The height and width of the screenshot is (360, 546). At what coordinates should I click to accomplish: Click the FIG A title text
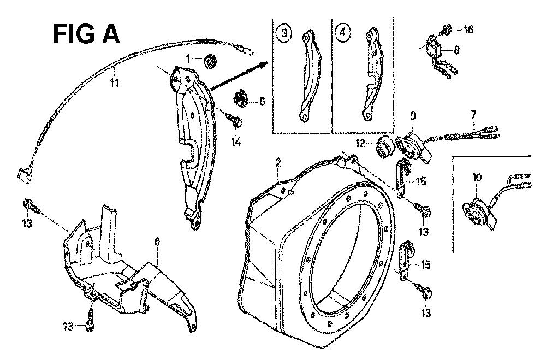(x=86, y=34)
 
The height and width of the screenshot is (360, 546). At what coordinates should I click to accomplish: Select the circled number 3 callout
(x=283, y=33)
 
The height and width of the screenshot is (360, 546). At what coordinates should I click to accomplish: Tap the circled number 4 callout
(x=343, y=33)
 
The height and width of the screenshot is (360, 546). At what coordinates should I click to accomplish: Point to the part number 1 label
(x=188, y=58)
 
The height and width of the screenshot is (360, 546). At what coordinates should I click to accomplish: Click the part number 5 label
(x=262, y=101)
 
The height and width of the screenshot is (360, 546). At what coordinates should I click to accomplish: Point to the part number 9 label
(x=413, y=116)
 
